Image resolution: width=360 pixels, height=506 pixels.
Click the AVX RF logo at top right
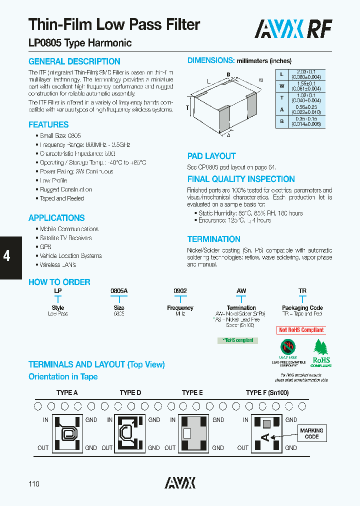tap(293, 28)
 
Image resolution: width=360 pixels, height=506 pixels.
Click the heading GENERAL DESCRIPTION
tap(74, 61)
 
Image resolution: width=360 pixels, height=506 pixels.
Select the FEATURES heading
tap(48, 124)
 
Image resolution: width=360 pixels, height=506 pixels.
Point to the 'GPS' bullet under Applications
tap(45, 247)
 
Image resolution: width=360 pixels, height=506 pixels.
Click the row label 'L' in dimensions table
tap(282, 74)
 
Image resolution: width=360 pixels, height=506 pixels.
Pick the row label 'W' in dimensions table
tap(282, 85)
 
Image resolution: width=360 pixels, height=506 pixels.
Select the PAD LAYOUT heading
tap(211, 156)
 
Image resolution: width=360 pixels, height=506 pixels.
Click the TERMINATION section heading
tap(213, 239)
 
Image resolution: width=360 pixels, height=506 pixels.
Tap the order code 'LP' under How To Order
tap(57, 291)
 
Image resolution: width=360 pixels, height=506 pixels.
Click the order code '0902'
tap(180, 291)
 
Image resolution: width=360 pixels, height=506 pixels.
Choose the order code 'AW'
tap(241, 291)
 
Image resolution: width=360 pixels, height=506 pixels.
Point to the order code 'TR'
tap(302, 291)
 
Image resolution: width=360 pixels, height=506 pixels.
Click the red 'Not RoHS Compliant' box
tap(301, 330)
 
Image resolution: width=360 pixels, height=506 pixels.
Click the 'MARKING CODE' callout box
tap(311, 433)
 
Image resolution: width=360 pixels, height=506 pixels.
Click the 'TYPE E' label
tap(192, 393)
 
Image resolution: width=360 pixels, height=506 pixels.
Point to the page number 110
tap(34, 483)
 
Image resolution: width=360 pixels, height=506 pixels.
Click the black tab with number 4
tap(7, 256)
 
